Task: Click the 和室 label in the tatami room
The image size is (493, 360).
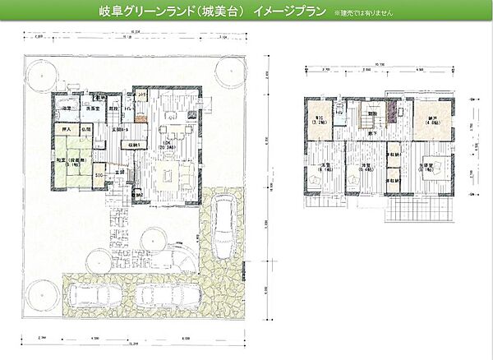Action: click(x=62, y=159)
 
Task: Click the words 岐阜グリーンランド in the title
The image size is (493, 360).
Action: click(x=151, y=14)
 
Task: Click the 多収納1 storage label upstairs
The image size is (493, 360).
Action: click(x=394, y=155)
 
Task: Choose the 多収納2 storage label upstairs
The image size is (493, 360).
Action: click(x=394, y=181)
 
